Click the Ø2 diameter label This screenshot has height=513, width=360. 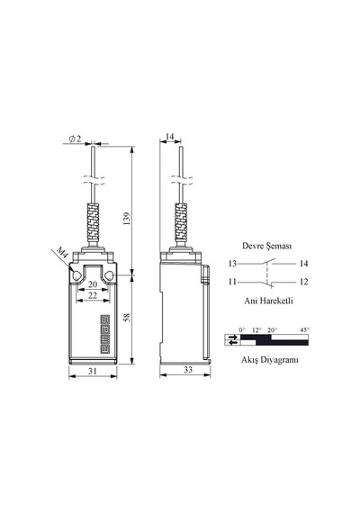click(x=75, y=139)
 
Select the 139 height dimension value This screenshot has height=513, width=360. click(x=127, y=218)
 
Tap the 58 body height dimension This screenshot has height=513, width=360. click(x=127, y=318)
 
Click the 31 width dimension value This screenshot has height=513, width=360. click(x=93, y=371)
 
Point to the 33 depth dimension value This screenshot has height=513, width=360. click(x=188, y=370)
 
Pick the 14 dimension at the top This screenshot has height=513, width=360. click(x=170, y=137)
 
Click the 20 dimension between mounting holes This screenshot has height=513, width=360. click(x=93, y=284)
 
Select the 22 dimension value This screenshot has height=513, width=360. click(x=93, y=295)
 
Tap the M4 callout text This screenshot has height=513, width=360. click(x=62, y=253)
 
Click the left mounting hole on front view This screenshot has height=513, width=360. click(x=76, y=276)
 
